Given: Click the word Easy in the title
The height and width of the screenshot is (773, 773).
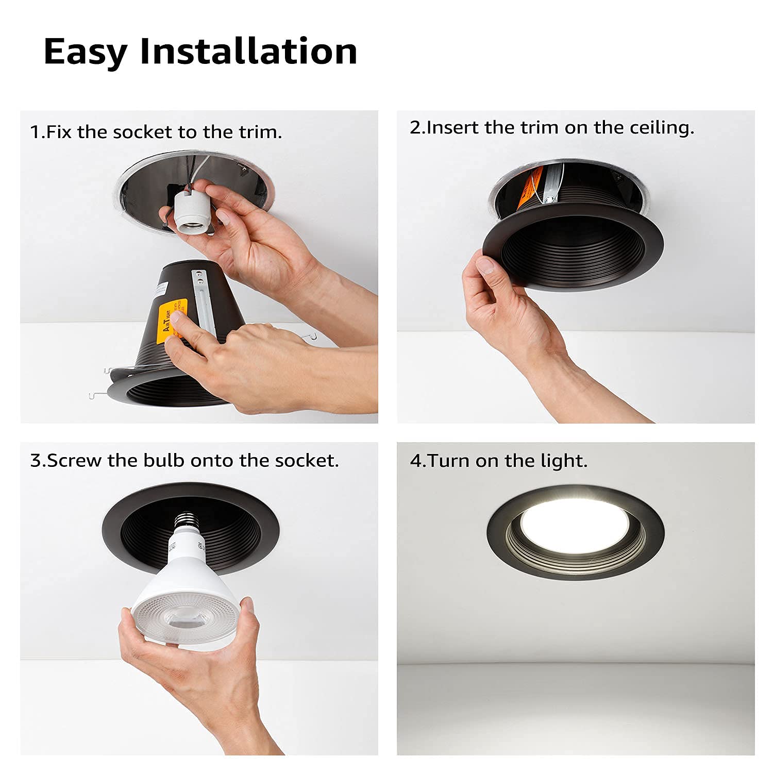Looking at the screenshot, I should click(85, 52).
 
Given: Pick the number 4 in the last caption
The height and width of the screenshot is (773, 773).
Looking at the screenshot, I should click(415, 461).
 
